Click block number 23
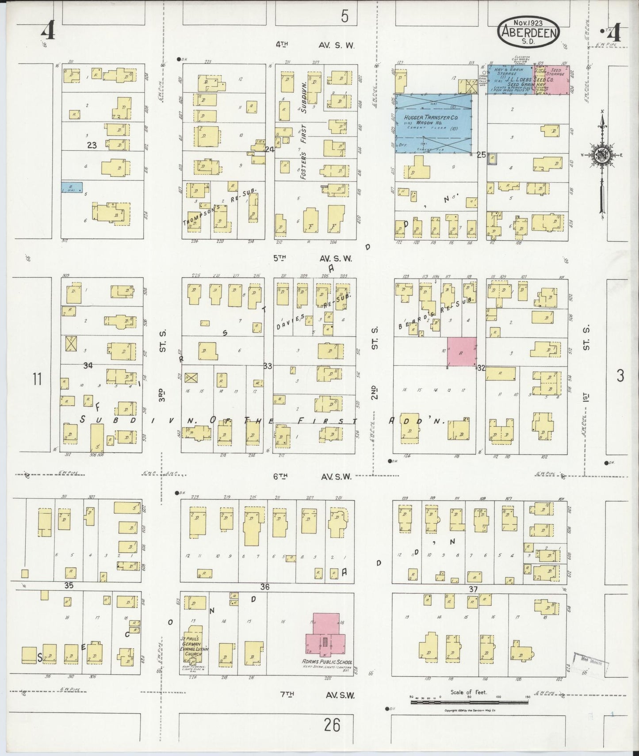coord(92,145)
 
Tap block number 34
coord(88,365)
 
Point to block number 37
coord(473,590)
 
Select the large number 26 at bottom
coord(332,725)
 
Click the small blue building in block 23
coord(72,187)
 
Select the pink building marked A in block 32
coord(462,352)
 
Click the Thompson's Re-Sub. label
coord(220,206)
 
